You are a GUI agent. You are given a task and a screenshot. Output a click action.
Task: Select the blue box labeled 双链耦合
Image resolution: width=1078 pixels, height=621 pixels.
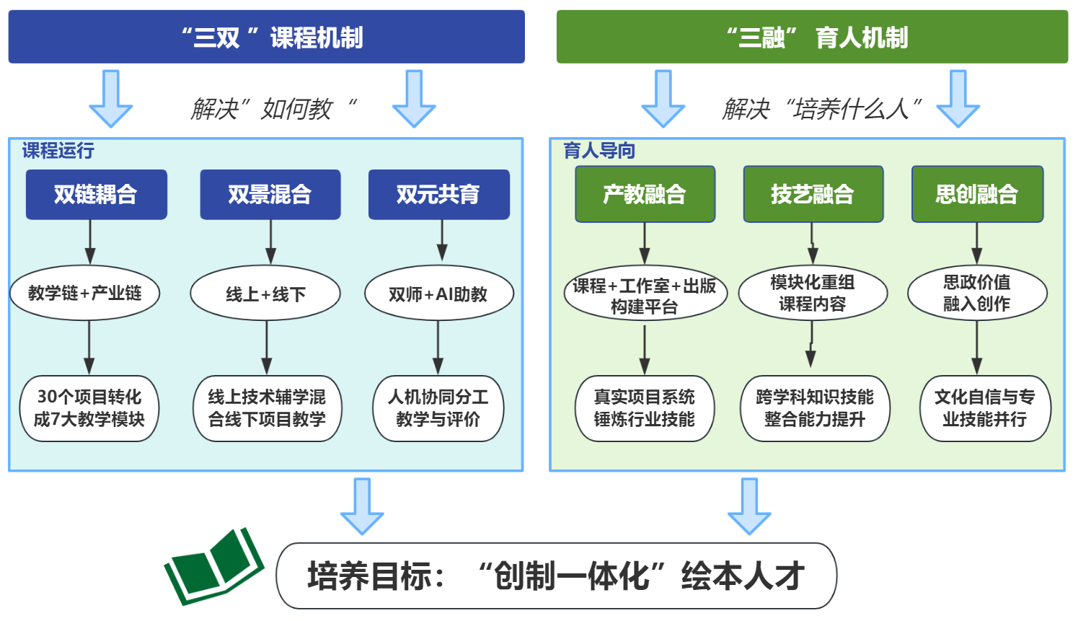click(x=96, y=194)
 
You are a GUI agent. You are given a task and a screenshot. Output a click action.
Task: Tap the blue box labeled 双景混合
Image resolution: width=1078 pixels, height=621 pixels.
click(x=270, y=194)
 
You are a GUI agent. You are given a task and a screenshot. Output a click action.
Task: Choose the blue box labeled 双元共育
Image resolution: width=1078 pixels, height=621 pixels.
click(x=438, y=194)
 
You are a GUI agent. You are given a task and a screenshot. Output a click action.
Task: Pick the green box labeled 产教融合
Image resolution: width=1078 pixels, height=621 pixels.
click(x=645, y=194)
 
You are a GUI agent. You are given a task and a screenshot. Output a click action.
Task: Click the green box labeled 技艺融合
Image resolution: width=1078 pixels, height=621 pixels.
click(x=813, y=194)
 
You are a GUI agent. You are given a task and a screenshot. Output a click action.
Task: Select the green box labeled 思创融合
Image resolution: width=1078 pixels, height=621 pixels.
click(x=977, y=194)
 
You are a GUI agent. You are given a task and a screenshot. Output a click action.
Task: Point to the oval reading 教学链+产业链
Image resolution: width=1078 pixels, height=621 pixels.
click(x=84, y=293)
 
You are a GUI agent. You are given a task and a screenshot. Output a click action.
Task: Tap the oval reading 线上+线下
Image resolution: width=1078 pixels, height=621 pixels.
click(x=265, y=294)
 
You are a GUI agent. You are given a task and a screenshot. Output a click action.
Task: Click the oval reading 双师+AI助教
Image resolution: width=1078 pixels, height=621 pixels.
click(x=438, y=294)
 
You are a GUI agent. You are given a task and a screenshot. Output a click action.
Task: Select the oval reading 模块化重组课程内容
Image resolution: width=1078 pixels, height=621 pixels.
click(x=813, y=293)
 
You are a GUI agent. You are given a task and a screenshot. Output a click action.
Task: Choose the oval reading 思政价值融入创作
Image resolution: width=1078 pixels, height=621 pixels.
click(x=977, y=293)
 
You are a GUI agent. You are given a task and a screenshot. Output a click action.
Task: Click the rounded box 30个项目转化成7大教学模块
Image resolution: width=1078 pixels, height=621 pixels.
click(x=89, y=408)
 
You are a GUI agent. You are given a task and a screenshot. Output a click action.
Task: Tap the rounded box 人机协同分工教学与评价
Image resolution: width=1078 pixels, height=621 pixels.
click(x=438, y=408)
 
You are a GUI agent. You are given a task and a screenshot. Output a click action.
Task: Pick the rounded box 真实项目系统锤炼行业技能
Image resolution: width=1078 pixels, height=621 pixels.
click(x=645, y=408)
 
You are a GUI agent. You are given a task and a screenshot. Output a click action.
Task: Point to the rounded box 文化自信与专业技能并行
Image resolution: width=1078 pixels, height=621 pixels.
click(x=985, y=408)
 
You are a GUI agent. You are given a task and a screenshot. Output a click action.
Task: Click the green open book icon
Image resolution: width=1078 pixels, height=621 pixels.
click(x=213, y=567)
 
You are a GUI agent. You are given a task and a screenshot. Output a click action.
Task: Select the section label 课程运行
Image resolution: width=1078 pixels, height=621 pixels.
click(x=58, y=151)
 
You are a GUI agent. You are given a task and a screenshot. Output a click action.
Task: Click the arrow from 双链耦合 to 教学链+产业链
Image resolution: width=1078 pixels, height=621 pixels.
click(x=90, y=242)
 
